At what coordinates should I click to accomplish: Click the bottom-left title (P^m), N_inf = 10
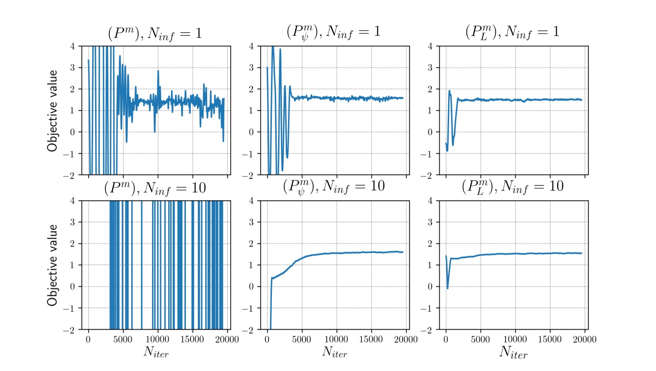155,187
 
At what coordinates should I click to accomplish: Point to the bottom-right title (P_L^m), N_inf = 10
512,186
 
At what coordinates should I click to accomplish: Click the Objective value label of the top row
53,110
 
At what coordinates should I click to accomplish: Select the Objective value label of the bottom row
53,265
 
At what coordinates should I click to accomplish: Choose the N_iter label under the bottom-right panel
513,352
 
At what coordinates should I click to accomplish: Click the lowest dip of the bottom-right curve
447,288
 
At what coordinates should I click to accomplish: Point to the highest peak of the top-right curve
449,90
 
